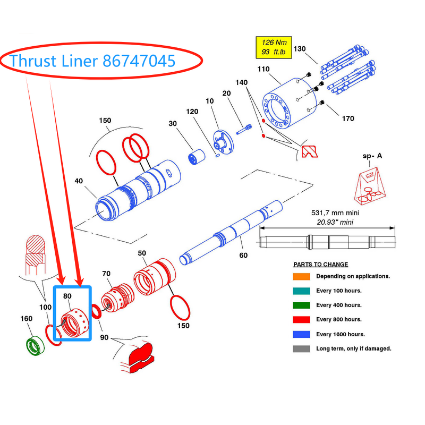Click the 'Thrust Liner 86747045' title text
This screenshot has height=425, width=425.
(x=92, y=61)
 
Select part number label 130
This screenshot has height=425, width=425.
(x=300, y=49)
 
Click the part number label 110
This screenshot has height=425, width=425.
(x=263, y=70)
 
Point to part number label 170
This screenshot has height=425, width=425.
(x=347, y=118)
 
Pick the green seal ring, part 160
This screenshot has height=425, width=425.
(x=36, y=346)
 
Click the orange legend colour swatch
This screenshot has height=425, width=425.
(x=300, y=276)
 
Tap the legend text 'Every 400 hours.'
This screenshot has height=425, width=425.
(x=339, y=305)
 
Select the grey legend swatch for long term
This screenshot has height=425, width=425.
(x=300, y=348)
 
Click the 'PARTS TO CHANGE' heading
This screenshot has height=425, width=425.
(x=320, y=265)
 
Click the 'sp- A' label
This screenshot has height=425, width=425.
(x=372, y=156)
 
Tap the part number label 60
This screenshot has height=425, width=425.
(x=243, y=256)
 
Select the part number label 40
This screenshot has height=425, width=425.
(x=79, y=181)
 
